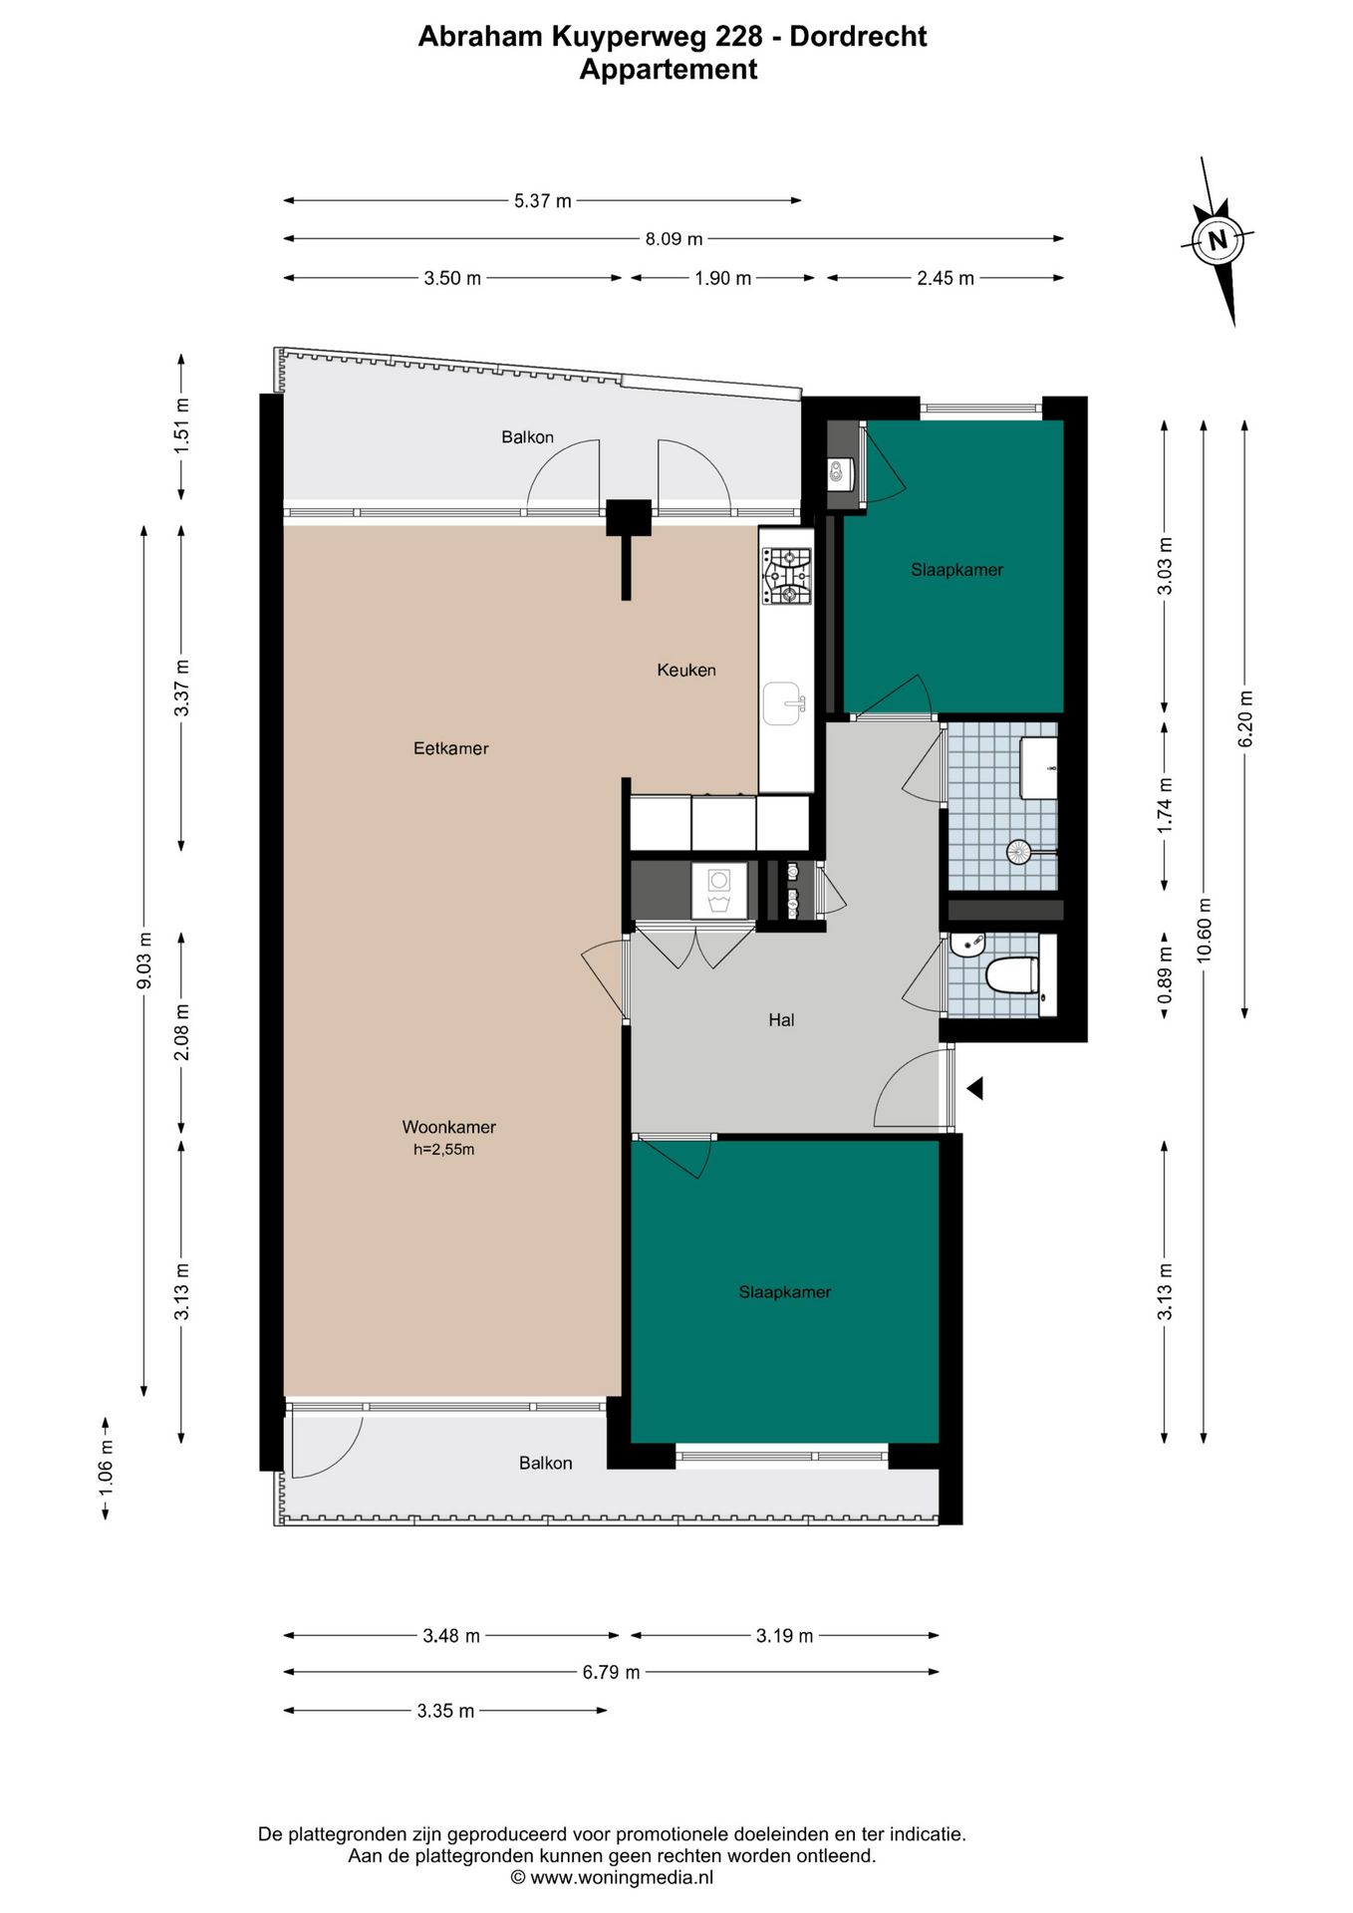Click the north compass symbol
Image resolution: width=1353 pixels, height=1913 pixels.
(1217, 240)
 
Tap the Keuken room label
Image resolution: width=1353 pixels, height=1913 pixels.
(686, 671)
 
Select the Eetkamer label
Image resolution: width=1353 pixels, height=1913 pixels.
(451, 748)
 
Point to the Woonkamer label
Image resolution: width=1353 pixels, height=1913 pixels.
(449, 1127)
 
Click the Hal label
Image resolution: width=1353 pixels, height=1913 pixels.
(781, 1020)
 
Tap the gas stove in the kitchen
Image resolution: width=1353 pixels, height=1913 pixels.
(787, 577)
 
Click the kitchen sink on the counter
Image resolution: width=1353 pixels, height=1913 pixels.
(786, 703)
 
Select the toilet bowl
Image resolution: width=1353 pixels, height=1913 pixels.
(1012, 975)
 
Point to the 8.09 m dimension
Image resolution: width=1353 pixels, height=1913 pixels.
(675, 239)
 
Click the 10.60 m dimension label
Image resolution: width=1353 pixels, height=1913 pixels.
(1205, 931)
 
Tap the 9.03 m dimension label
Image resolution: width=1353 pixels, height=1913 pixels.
(145, 960)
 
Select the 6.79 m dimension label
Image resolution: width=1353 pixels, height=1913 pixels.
(612, 1672)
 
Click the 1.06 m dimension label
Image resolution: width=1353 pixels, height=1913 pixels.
(107, 1469)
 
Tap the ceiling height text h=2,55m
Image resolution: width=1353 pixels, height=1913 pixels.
(444, 1150)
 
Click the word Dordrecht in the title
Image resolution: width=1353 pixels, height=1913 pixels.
(859, 37)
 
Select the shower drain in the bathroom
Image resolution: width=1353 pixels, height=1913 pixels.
(1018, 852)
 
